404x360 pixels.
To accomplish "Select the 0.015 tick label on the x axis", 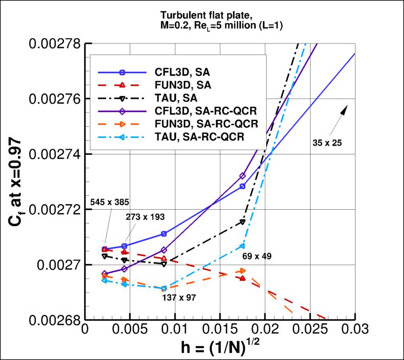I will click(220, 331).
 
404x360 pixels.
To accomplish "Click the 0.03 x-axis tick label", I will click(354, 331).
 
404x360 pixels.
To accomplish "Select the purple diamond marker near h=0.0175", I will click(243, 176).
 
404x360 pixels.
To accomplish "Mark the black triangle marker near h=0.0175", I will click(243, 221).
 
